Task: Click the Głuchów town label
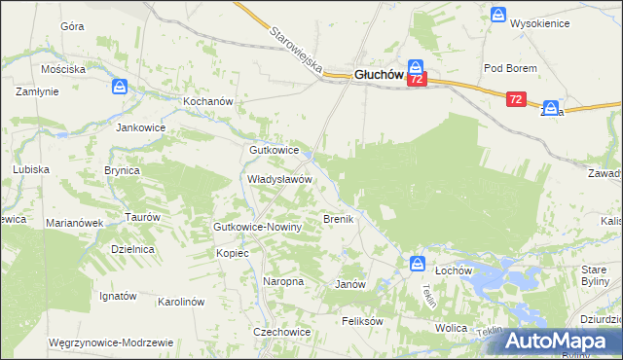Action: (x=364, y=72)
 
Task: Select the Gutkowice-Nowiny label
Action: (x=259, y=227)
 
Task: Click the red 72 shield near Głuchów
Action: (x=417, y=81)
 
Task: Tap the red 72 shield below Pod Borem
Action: (x=516, y=99)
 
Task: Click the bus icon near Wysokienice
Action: (x=498, y=16)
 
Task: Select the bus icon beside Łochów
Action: (x=417, y=264)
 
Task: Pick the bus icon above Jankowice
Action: (x=119, y=88)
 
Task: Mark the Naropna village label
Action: (x=283, y=281)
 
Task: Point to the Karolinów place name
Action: (x=180, y=302)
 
